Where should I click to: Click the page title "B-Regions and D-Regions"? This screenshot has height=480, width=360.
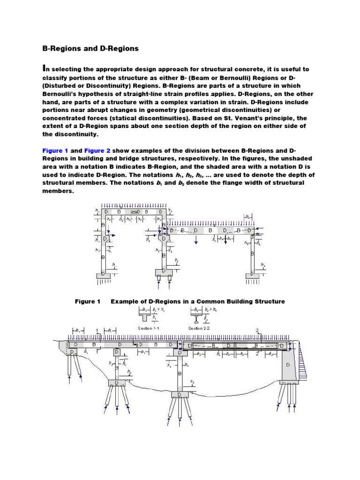coord(90,48)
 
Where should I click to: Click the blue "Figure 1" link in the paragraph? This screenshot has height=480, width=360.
coord(55,150)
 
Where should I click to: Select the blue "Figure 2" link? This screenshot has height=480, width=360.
coord(97,150)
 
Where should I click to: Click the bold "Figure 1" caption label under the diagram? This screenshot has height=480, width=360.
coord(88,301)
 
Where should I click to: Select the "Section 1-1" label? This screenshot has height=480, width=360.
coord(149,328)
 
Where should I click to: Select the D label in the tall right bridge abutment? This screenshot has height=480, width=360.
coord(288,364)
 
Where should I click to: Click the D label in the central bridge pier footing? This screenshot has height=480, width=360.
coord(180,395)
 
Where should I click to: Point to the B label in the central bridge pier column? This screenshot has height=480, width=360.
coord(180,374)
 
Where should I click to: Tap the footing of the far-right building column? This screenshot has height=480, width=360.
coord(252,276)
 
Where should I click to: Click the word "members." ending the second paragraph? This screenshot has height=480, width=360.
coord(58,191)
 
